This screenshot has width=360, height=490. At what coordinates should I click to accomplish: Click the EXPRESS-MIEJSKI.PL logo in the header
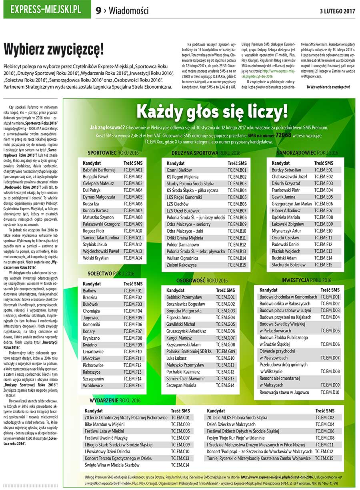[x=46, y=10]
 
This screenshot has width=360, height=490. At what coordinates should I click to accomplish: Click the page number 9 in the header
[x=98, y=11]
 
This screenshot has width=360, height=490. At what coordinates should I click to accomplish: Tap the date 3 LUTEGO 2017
[x=338, y=11]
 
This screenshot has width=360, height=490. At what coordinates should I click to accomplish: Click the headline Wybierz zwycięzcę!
[x=54, y=50]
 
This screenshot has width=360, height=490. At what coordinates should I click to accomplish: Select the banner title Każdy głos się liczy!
[x=212, y=112]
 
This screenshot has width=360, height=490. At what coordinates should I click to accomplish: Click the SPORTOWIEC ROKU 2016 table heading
[x=113, y=153]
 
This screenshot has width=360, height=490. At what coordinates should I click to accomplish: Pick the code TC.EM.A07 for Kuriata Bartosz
[x=133, y=211]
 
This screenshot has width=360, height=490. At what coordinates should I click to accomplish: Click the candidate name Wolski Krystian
[x=96, y=258]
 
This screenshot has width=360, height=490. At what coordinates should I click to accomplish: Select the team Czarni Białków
[x=179, y=170]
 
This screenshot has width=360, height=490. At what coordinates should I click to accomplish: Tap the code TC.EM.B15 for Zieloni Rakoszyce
[x=237, y=265]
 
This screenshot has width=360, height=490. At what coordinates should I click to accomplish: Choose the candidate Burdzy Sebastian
[x=298, y=170]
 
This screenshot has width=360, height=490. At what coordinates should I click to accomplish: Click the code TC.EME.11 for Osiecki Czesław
[x=324, y=238]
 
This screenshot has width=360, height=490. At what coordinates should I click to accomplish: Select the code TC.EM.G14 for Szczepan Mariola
[x=225, y=385]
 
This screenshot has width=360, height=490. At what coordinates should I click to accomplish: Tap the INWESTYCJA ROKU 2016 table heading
[x=306, y=281]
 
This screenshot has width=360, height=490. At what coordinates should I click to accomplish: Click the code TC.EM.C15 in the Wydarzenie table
[x=324, y=458]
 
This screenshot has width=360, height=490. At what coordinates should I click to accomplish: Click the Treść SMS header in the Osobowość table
[x=226, y=290]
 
